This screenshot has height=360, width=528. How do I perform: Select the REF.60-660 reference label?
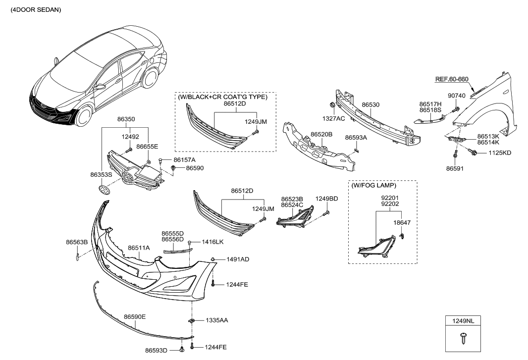coord(451,79)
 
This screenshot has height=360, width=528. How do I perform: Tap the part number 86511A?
coord(139,248)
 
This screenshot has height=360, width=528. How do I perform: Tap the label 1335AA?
coord(216,320)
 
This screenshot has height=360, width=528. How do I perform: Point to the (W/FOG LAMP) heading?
coord(374,186)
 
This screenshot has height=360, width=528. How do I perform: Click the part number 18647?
coord(402,223)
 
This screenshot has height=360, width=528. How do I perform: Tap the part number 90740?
coord(456,96)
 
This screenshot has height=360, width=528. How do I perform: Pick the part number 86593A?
coord(356,137)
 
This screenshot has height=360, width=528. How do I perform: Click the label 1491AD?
coord(238,259)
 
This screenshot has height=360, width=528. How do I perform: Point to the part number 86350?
coord(126,119)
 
